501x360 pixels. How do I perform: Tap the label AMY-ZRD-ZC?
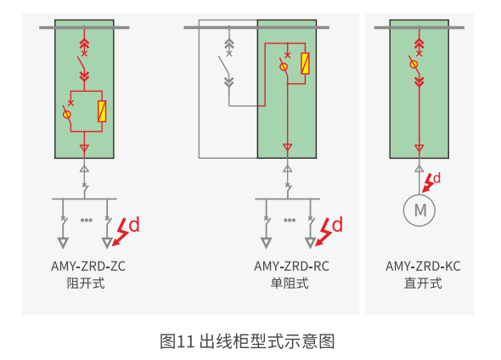88,266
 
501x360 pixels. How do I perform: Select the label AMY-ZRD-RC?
291,266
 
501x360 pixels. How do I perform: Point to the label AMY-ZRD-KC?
423,266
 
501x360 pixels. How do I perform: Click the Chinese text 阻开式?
86,283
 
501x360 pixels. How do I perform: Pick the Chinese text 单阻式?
290,283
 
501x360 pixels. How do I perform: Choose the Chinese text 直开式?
423,283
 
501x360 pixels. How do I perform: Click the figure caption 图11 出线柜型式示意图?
247,341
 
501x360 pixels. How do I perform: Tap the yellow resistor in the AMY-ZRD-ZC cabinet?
102,111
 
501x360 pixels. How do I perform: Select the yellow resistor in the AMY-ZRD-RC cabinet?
305,64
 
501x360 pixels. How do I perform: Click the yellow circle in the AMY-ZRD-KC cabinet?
414,65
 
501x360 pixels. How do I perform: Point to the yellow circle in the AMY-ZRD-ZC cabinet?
67,114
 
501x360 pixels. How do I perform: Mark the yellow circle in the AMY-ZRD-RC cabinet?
284,67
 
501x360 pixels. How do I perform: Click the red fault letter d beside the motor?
436,178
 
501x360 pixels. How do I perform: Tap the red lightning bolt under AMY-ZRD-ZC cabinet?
121,232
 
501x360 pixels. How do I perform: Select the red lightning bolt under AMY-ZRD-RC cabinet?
324,232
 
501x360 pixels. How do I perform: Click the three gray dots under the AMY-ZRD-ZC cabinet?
87,220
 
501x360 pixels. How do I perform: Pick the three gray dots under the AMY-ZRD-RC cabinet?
290,220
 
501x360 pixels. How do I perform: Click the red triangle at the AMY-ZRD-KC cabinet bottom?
419,149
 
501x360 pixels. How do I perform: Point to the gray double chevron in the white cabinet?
228,82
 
